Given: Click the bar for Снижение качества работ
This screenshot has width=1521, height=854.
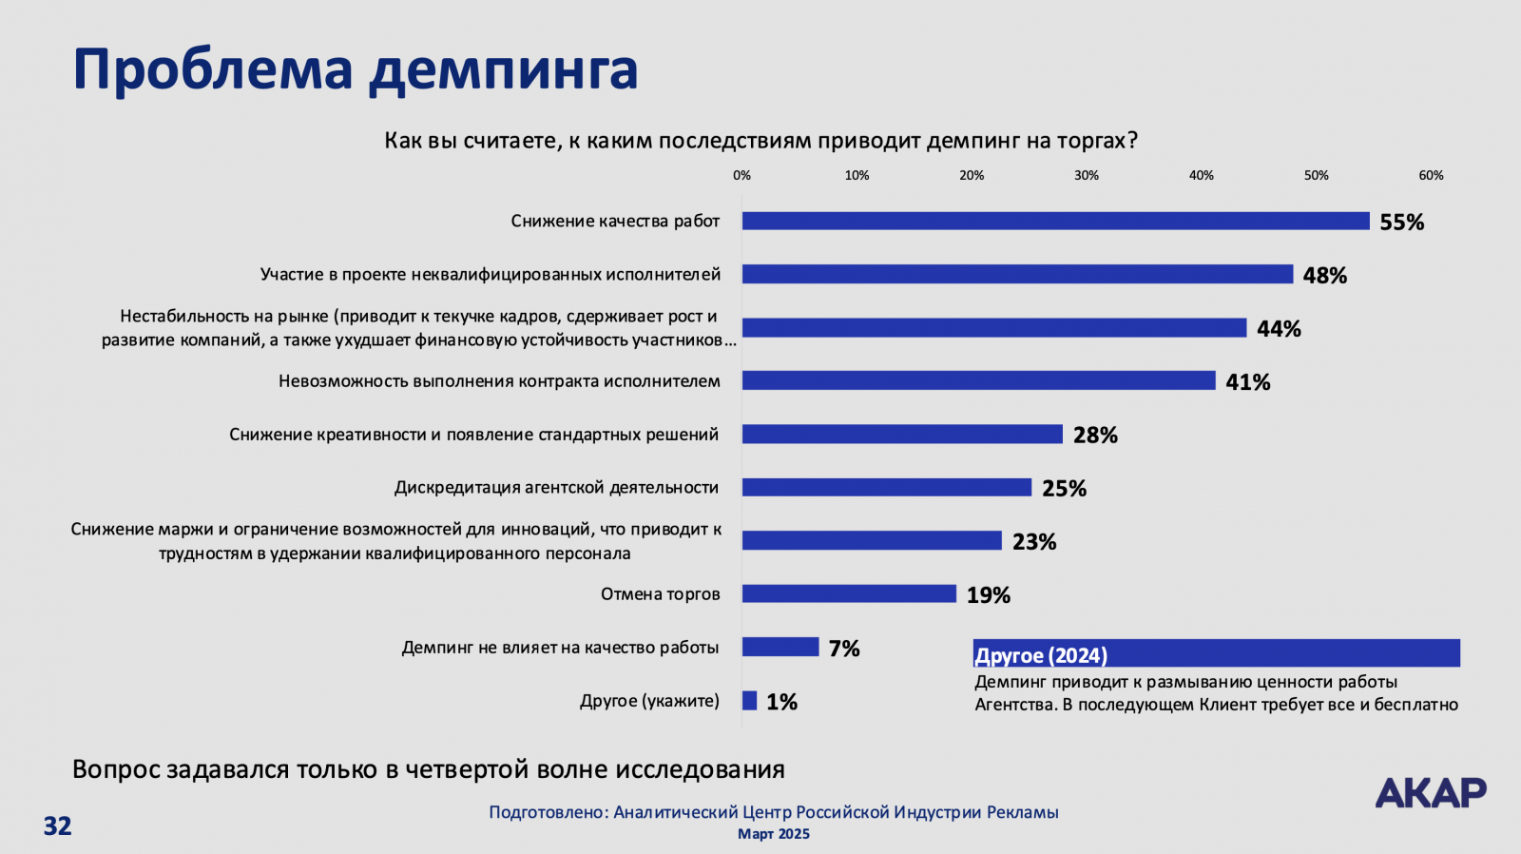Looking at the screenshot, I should (x=1055, y=221).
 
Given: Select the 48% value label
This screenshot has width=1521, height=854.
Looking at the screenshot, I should (x=1325, y=276).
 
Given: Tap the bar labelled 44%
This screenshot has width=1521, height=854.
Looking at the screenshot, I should (x=993, y=328).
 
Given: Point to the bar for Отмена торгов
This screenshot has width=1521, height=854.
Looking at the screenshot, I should (x=849, y=593).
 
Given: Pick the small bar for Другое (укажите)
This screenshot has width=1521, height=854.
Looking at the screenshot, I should (x=749, y=701).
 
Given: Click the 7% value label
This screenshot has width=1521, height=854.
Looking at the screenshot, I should (x=844, y=649).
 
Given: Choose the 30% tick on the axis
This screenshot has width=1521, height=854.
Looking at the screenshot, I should (x=1087, y=176).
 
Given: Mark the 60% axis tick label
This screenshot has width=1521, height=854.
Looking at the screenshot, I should (x=1431, y=176).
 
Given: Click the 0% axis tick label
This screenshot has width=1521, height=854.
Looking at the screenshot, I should (x=741, y=176).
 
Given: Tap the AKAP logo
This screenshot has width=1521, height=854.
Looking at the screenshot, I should (x=1431, y=792).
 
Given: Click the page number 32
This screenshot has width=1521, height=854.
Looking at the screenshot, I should (x=57, y=825).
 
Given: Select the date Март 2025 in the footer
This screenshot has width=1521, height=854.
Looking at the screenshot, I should (x=774, y=834).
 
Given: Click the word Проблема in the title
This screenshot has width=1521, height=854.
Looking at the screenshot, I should (x=213, y=70).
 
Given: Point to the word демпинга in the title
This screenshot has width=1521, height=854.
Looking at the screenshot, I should (x=504, y=70).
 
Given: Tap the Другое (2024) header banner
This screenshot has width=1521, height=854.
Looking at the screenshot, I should (x=1216, y=653).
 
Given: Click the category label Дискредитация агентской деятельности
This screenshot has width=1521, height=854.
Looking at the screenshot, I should (x=556, y=488).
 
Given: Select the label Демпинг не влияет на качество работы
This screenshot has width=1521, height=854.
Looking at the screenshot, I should (x=560, y=648).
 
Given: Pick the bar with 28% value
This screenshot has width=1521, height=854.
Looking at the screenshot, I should (x=902, y=435).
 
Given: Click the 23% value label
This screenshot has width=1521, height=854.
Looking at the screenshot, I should (x=1034, y=542).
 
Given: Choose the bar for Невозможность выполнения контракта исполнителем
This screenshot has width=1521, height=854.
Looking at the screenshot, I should (x=978, y=380).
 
